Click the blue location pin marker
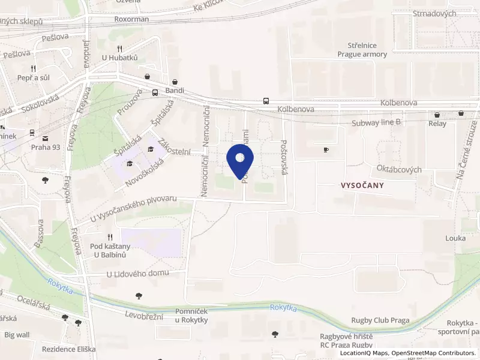240,161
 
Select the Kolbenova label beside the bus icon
296,110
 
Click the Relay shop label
437,124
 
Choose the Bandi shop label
175,91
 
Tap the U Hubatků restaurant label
120,58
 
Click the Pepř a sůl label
33,78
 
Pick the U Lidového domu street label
137,274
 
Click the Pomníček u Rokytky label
191,316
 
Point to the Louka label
455,238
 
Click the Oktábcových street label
399,170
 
